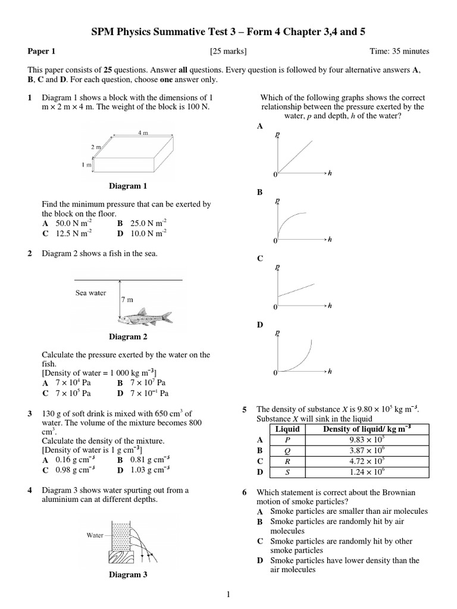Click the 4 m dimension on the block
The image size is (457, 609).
point(143,133)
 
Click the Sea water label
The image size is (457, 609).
point(90,293)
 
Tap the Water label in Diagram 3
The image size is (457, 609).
point(95,535)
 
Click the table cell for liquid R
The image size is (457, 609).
point(288,461)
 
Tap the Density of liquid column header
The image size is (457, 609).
point(367,429)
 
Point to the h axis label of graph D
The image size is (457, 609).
point(330,372)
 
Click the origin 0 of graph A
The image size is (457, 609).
point(275,174)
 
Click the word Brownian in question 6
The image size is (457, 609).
point(414,492)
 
